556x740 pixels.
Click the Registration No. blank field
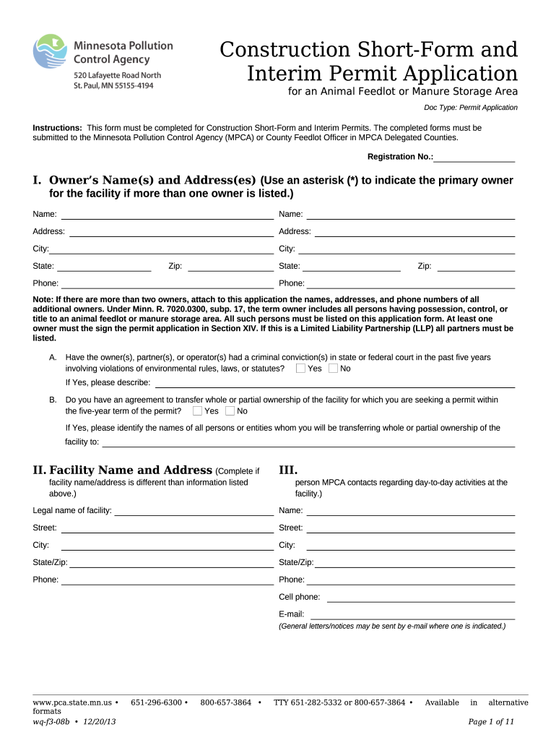[474, 157]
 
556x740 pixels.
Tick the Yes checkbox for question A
[300, 369]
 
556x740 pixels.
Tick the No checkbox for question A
[333, 369]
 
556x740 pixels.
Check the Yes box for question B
[197, 411]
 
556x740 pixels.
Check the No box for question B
[230, 411]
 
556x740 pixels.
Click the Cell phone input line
[420, 598]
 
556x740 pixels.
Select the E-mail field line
[412, 615]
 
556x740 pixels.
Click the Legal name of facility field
[194, 511]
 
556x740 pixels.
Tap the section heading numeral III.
[289, 470]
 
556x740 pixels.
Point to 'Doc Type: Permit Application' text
[470, 108]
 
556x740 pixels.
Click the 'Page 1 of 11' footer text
[491, 721]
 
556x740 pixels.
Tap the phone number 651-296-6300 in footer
[156, 702]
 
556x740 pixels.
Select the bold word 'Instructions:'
[58, 127]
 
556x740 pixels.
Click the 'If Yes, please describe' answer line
[335, 383]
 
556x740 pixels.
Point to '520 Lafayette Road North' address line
[118, 75]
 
